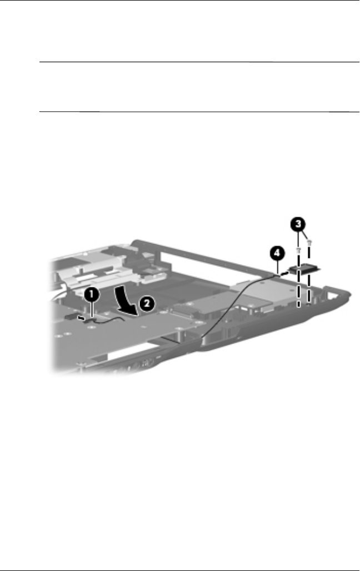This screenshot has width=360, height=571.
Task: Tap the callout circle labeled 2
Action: pos(145,302)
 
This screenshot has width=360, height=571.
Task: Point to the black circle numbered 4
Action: pos(277,254)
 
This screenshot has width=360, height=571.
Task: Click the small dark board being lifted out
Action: pos(303,270)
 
